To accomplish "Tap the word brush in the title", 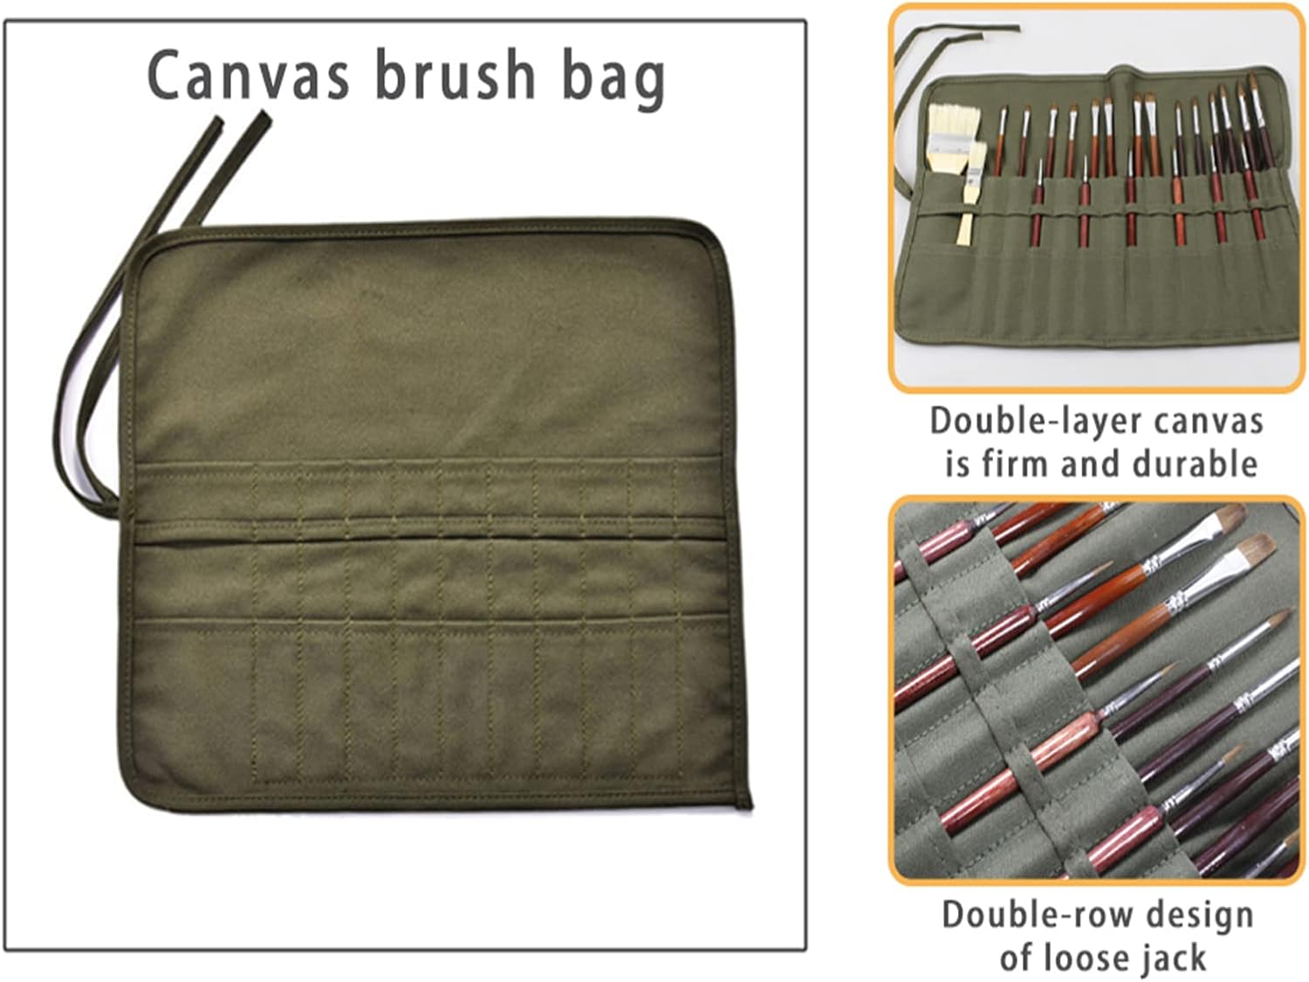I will coord(455,75).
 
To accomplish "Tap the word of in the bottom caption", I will coord(1017,957).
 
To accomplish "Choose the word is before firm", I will coord(957,463).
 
